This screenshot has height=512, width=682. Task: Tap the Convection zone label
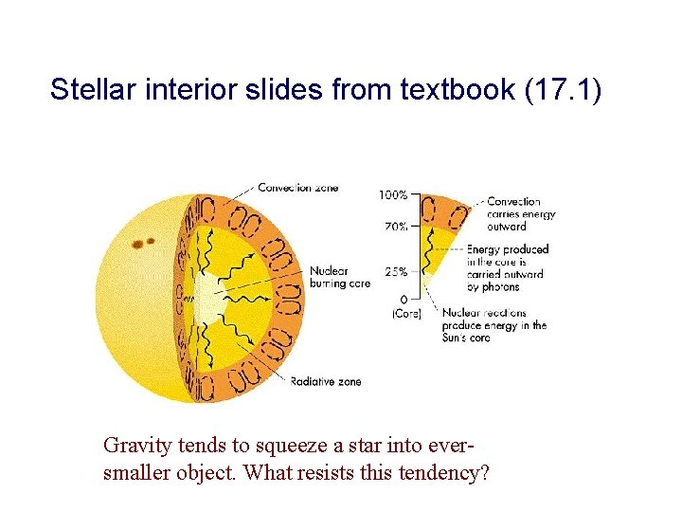click(x=297, y=188)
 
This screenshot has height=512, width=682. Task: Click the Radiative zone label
click(x=325, y=381)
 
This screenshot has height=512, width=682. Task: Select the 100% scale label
click(x=393, y=195)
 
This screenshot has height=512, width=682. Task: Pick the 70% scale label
click(x=396, y=227)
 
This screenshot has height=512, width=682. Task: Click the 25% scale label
click(x=396, y=271)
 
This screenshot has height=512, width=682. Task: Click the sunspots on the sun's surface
click(x=143, y=243)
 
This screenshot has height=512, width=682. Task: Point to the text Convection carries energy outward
click(x=520, y=213)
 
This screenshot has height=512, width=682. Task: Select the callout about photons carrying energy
click(x=507, y=268)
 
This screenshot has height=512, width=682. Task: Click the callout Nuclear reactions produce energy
click(x=507, y=325)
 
